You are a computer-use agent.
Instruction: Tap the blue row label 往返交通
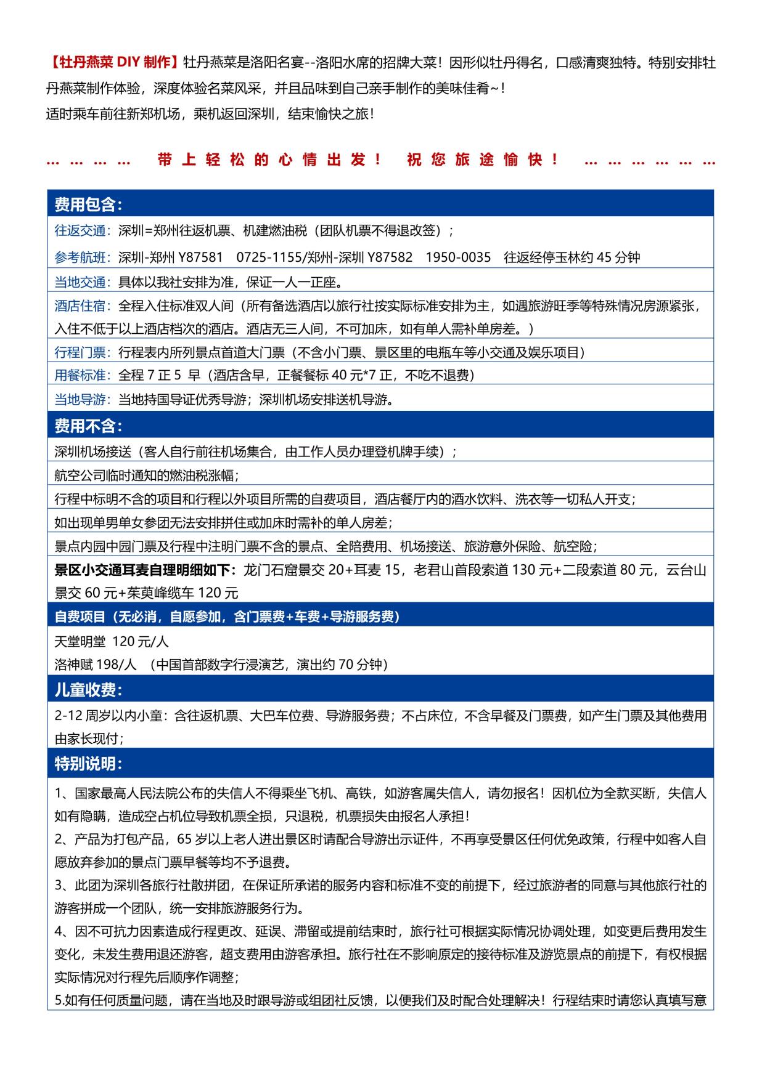80,231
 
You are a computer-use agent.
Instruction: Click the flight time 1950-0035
458,257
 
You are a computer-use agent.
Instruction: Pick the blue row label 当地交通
80,282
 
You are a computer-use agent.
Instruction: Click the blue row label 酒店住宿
80,306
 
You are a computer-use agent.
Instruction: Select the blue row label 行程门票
80,352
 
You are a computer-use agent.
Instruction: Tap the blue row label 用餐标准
80,376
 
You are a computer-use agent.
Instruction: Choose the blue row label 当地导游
80,400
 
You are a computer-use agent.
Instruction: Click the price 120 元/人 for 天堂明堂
141,642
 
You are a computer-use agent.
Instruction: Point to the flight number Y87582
390,257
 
